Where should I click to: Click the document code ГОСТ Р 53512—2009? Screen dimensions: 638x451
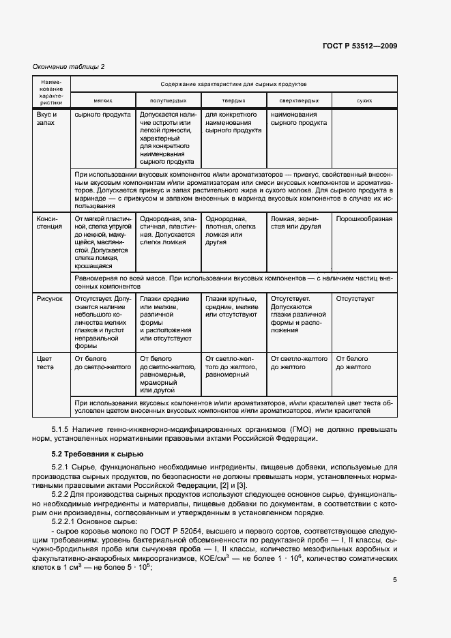pos(360,46)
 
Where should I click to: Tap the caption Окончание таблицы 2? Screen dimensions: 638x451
pos(69,66)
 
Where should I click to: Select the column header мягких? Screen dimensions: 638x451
pos(103,100)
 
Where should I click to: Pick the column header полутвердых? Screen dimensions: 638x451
pos(168,100)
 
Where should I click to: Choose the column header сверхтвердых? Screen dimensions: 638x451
pos(298,100)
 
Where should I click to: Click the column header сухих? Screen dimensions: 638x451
pos(364,100)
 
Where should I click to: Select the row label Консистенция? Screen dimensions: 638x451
pos(49,224)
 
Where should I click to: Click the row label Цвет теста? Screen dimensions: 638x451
pos(45,362)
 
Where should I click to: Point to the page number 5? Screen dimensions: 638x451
pos(394,580)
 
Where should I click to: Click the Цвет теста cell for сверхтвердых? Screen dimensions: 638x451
pos(299,362)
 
